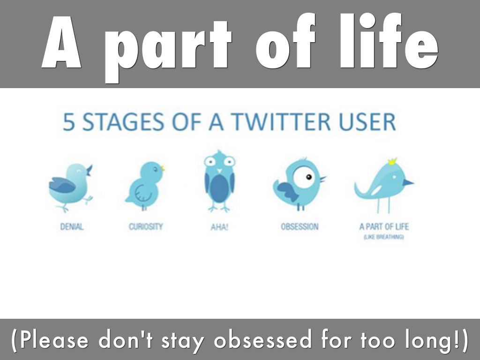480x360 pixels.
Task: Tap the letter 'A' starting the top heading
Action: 61,42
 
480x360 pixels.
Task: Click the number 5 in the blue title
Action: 69,122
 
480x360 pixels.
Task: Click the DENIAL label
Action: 72,227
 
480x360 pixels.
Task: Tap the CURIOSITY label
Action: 146,227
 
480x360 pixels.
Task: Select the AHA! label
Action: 219,227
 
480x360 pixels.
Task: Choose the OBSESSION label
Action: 300,227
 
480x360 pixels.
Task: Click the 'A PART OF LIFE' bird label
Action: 384,227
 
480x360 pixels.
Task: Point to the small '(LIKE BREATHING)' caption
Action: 384,237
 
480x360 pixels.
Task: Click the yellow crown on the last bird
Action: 392,161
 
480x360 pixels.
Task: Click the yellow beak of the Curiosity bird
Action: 163,168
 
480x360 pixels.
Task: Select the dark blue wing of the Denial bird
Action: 62,185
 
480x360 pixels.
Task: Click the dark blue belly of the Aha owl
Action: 219,188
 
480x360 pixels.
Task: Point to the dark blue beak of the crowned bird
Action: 408,183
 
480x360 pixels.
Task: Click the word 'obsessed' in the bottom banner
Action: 262,340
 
